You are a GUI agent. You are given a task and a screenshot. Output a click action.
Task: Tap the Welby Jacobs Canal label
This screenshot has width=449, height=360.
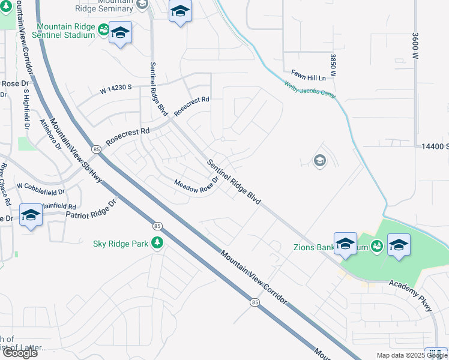pyautogui.click(x=311, y=88)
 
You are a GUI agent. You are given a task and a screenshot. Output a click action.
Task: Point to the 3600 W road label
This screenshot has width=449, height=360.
pyautogui.click(x=414, y=46)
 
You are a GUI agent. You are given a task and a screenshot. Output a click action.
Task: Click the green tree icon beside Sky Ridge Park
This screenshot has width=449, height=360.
pyautogui.click(x=158, y=242)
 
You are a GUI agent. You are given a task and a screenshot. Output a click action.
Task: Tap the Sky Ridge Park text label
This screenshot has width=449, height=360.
pyautogui.click(x=121, y=244)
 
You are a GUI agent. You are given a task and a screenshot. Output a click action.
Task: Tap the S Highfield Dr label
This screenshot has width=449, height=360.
pyautogui.click(x=26, y=110)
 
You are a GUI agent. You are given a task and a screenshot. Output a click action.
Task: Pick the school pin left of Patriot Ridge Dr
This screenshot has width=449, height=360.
pyautogui.click(x=31, y=215)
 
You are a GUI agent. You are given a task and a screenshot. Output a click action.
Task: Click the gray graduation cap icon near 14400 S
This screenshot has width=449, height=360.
pyautogui.click(x=320, y=160)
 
